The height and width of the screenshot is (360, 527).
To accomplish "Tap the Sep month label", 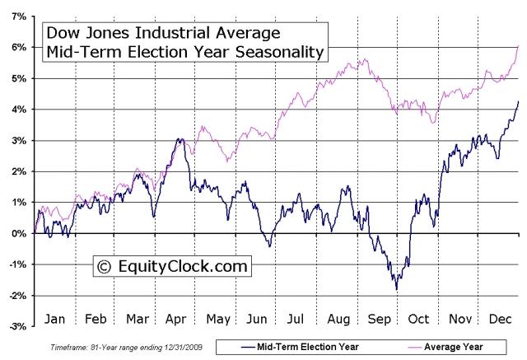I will (380, 317).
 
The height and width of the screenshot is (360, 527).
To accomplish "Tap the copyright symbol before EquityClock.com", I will (104, 267).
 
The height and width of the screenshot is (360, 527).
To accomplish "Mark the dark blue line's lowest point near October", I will (396, 289).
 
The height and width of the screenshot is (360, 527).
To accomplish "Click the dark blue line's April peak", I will (180, 139).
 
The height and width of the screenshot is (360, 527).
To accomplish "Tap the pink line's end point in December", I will (518, 46).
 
